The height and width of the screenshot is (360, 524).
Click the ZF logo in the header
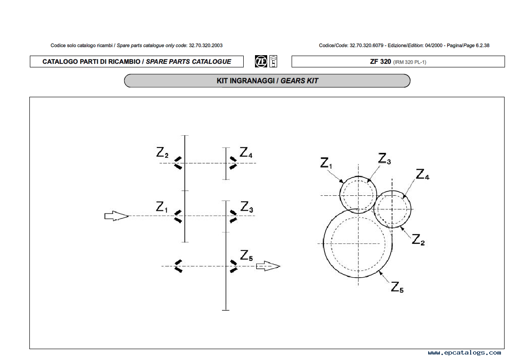tap(261, 62)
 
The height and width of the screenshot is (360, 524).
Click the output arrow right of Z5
tap(268, 266)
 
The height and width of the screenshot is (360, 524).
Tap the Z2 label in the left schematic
tap(162, 153)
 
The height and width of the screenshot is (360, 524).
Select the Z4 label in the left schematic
tap(246, 153)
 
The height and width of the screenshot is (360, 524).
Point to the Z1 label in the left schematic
tap(162, 207)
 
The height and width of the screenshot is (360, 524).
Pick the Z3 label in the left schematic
tap(246, 207)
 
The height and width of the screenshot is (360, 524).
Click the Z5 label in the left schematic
tap(246, 256)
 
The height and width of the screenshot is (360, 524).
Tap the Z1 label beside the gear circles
tap(326, 163)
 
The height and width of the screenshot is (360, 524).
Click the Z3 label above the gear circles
tap(384, 159)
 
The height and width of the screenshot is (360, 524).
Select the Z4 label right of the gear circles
tap(423, 175)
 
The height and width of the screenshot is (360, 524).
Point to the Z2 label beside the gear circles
tap(418, 240)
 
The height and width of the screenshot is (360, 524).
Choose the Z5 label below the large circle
tap(397, 288)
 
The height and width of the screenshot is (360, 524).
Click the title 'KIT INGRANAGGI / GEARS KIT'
tap(267, 81)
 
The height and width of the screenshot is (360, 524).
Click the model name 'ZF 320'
tap(380, 62)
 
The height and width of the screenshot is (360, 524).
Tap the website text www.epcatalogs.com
tap(464, 353)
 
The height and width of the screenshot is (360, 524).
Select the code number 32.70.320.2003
tap(206, 46)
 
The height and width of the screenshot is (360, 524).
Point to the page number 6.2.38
tap(482, 46)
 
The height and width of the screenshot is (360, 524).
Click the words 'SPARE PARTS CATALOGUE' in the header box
tap(189, 62)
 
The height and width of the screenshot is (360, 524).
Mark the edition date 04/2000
tap(434, 46)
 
